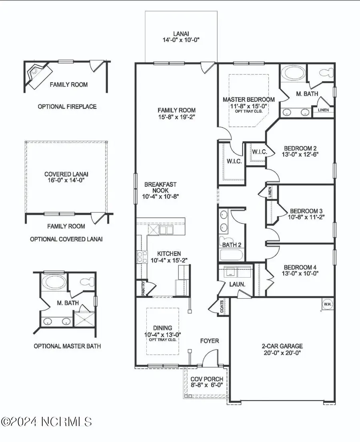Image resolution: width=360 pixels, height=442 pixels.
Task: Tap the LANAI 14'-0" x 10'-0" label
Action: [x=182, y=37]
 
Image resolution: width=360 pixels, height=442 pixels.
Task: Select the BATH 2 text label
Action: [x=232, y=244]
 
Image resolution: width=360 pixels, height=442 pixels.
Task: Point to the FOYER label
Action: [x=210, y=341]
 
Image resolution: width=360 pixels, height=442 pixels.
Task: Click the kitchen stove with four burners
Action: [x=142, y=256]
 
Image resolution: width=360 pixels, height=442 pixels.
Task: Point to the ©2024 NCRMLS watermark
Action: [x=47, y=421]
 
